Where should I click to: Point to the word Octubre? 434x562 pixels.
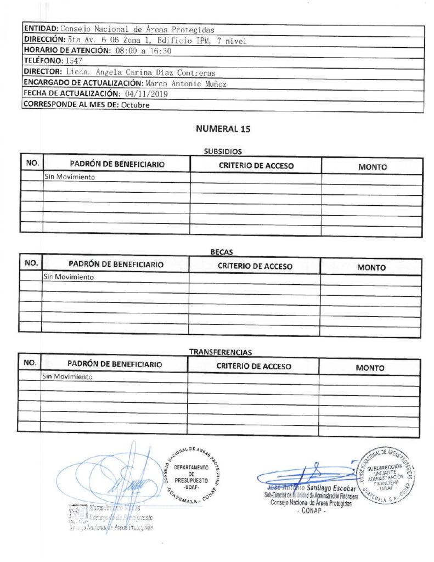point(136,105)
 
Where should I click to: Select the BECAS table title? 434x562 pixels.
point(222,252)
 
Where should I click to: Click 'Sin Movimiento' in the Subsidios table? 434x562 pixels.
point(70,177)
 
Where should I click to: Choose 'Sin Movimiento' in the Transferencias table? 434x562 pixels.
point(67,377)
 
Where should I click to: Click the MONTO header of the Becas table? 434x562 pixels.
point(371,267)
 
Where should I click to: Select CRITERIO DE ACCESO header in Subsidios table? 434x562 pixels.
point(256,165)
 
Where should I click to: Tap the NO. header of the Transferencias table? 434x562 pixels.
point(30,363)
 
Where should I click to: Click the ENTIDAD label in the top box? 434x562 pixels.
point(41,29)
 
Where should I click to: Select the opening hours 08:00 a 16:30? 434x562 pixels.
point(144,50)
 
